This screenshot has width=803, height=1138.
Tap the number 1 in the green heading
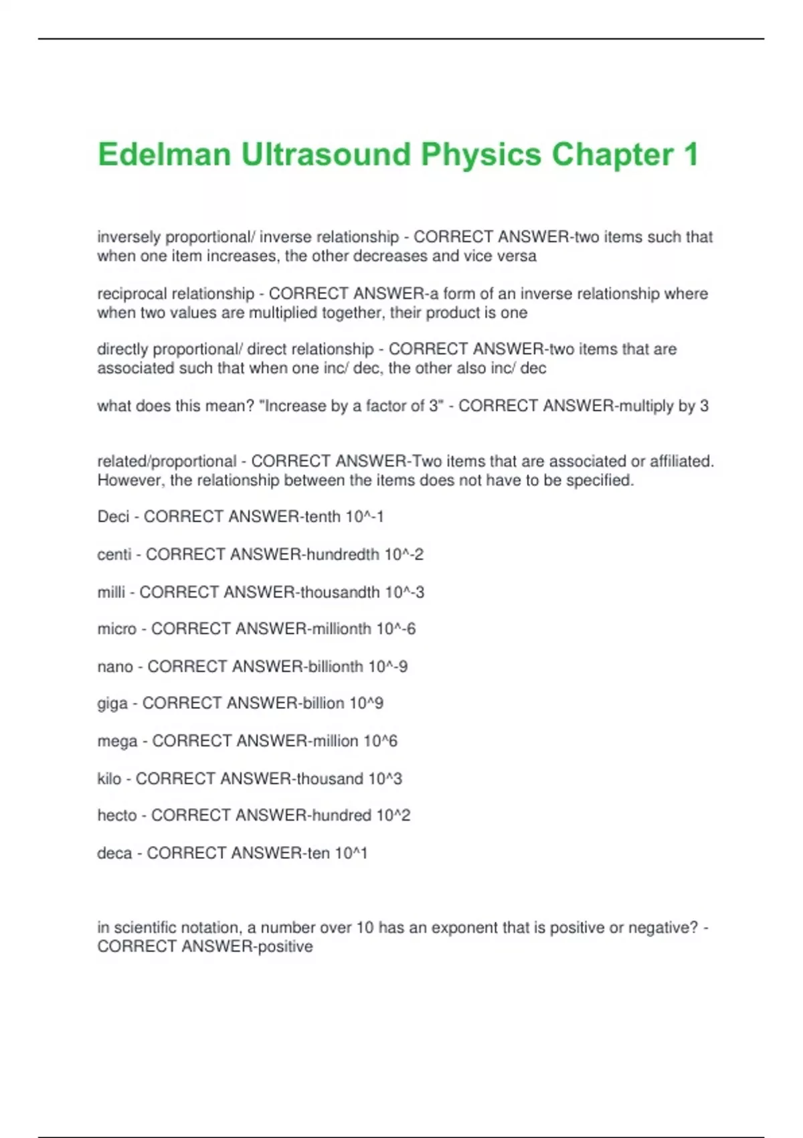(691, 155)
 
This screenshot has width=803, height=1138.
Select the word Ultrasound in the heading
(325, 155)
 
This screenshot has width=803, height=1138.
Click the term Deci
(113, 517)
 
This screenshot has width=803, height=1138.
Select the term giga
(112, 704)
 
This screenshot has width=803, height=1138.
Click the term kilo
(109, 779)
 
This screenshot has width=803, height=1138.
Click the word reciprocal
(132, 294)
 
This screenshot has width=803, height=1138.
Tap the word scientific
(145, 928)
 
